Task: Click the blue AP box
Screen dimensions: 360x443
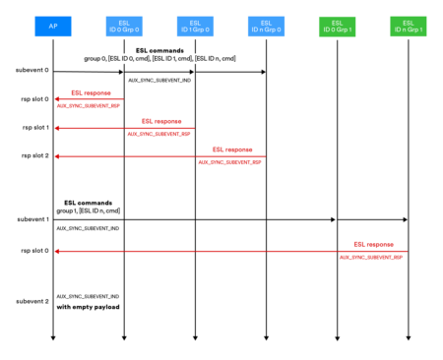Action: click(53, 26)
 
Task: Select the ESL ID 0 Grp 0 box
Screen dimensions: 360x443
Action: click(124, 26)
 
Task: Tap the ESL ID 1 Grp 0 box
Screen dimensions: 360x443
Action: click(194, 26)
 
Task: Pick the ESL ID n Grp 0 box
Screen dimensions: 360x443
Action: click(266, 26)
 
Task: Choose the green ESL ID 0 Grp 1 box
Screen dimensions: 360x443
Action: click(337, 26)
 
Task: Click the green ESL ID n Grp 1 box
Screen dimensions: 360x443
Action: click(408, 26)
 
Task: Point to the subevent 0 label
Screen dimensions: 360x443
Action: click(32, 72)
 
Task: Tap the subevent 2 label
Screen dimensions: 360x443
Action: click(32, 300)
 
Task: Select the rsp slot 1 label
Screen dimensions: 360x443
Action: click(33, 128)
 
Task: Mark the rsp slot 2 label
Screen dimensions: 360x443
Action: click(33, 155)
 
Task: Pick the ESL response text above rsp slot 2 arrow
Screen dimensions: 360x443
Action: click(230, 149)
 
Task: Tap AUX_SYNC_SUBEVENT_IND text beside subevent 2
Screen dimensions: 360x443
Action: click(88, 295)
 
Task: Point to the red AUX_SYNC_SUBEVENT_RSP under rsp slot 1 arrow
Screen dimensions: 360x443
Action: click(158, 133)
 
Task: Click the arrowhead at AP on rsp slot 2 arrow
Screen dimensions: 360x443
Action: click(59, 155)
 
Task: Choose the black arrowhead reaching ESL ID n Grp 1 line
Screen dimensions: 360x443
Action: click(404, 220)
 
